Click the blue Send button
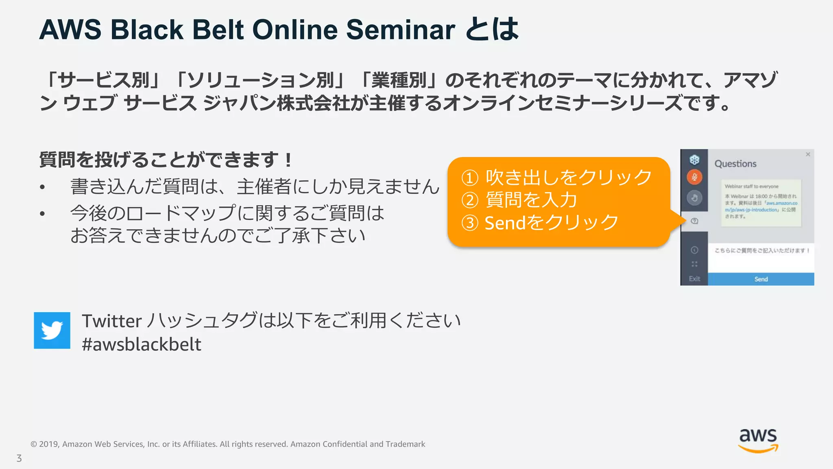(761, 279)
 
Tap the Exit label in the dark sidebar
(694, 279)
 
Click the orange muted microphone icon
(694, 177)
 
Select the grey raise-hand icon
(694, 198)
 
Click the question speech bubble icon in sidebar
(694, 221)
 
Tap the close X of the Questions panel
(808, 154)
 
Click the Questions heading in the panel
(735, 164)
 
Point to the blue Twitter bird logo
(52, 330)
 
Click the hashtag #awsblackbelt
(141, 344)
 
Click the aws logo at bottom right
(758, 440)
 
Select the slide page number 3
(19, 458)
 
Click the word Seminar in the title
(400, 30)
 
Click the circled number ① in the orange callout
(470, 178)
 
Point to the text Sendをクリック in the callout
(551, 223)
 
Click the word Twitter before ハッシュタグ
(111, 321)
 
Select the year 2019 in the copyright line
(49, 444)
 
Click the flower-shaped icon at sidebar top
(694, 160)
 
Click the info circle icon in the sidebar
(694, 250)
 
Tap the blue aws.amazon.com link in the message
(781, 203)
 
